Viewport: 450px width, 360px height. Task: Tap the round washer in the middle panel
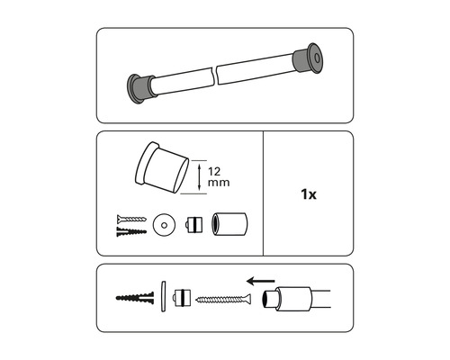point(164,223)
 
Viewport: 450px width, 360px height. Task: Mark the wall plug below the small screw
point(130,230)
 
